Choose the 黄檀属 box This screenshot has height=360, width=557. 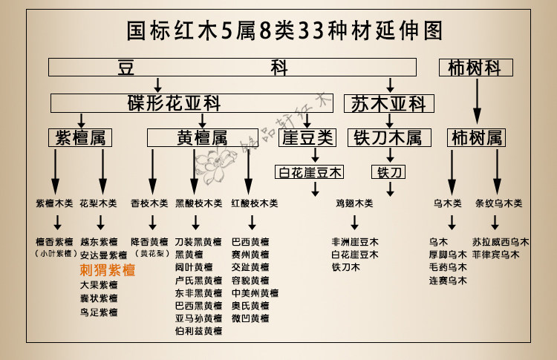[202, 137]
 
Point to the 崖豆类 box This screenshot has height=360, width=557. [309, 137]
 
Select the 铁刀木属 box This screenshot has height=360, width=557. [388, 137]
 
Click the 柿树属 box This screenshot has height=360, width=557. [475, 137]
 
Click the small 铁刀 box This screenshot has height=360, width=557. [388, 172]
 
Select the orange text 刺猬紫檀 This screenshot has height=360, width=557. [108, 270]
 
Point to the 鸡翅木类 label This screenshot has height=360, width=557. [354, 203]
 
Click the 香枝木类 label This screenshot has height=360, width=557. [149, 203]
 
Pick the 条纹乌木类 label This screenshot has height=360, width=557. [498, 203]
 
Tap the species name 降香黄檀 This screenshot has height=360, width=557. [149, 242]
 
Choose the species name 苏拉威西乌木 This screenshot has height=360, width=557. [501, 242]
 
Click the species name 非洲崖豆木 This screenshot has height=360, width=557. [355, 242]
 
